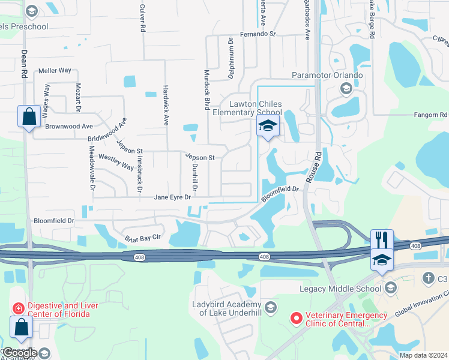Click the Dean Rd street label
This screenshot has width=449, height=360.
[24, 63]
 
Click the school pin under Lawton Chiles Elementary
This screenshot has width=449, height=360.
[268, 127]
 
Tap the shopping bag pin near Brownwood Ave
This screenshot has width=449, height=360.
[29, 118]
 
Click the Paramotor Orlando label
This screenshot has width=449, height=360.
[327, 75]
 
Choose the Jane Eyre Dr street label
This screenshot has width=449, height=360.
[172, 197]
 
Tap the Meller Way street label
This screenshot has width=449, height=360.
[55, 70]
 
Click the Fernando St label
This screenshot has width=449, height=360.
[258, 34]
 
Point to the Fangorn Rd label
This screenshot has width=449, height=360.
[431, 114]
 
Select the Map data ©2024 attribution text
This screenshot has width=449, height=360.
[423, 355]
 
